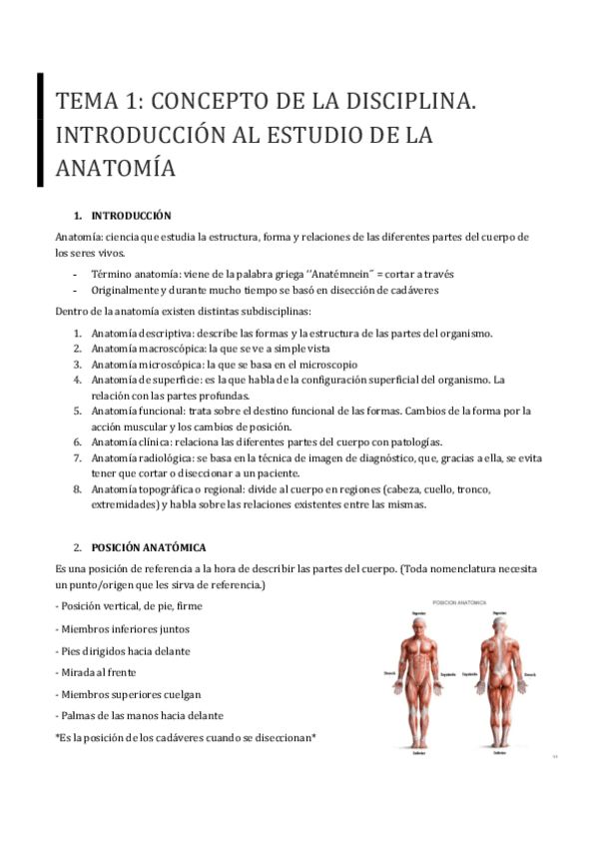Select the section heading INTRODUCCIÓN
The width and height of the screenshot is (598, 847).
[x=131, y=216]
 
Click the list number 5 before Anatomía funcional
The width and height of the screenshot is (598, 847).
[x=77, y=411]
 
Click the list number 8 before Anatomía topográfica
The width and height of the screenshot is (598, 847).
[x=77, y=488]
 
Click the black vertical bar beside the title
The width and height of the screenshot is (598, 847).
[x=40, y=129]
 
